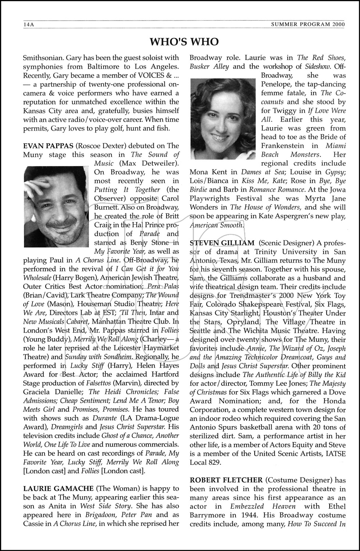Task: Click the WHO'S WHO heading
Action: click(184, 42)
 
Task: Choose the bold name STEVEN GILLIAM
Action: click(222, 243)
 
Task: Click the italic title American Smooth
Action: click(216, 225)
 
